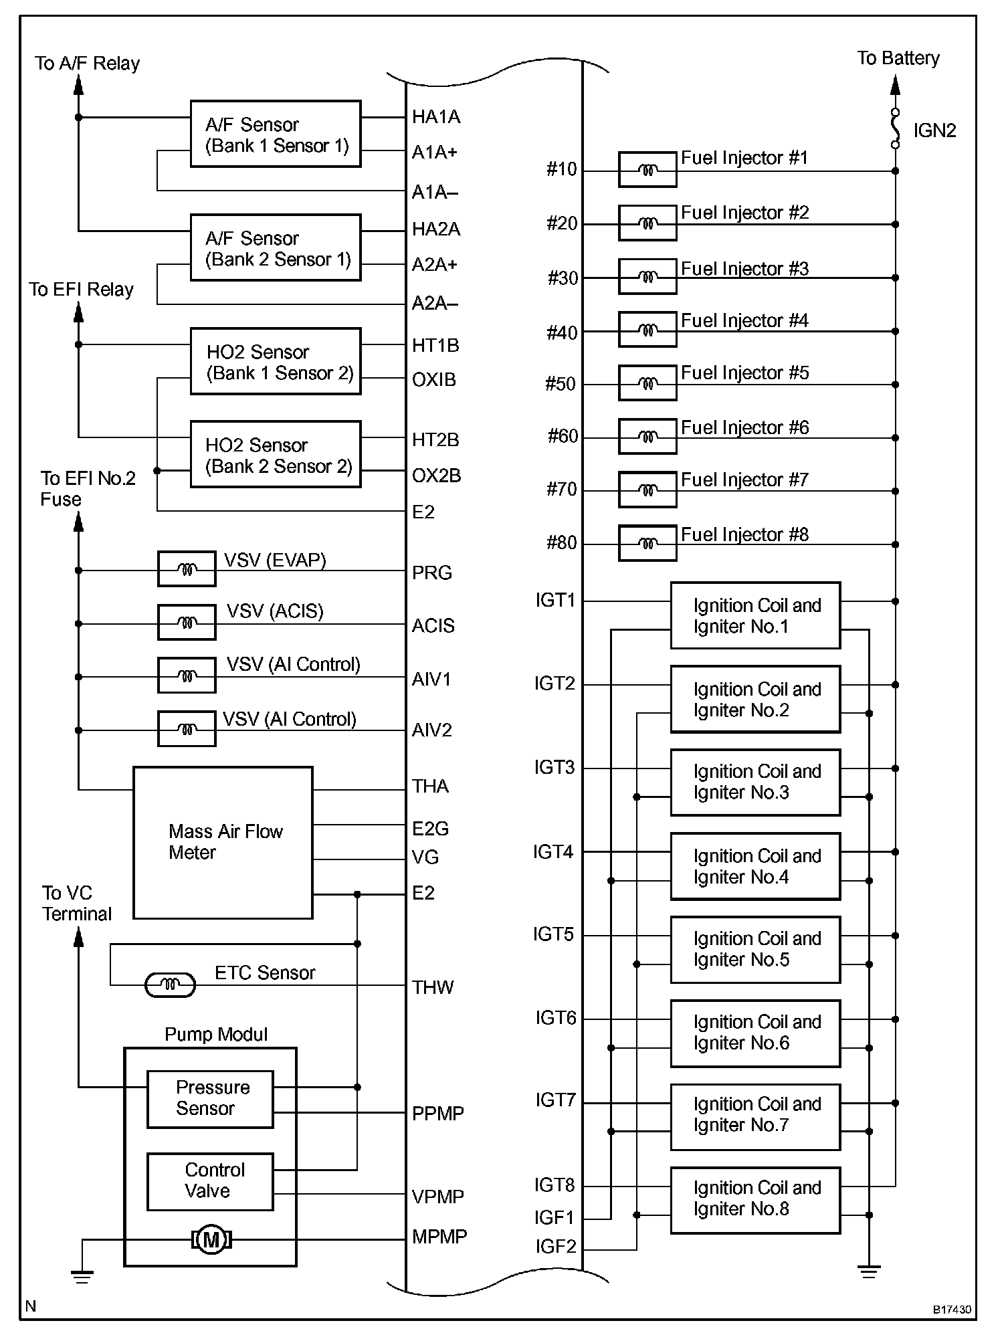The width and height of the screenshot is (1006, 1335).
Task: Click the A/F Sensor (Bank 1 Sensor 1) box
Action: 276,134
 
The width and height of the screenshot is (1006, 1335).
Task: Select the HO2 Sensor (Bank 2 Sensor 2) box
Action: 276,454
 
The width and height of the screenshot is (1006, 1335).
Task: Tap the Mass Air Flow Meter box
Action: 223,842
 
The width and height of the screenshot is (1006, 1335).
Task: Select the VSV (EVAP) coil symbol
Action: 187,569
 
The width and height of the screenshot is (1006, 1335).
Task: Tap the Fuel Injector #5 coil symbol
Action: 647,383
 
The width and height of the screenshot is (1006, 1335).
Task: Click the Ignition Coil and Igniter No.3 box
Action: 755,782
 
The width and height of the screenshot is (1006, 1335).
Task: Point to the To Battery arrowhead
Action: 896,85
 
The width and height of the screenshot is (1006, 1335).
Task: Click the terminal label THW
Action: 433,987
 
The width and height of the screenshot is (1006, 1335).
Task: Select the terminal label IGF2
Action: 555,1246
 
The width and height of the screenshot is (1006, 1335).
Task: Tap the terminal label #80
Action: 561,542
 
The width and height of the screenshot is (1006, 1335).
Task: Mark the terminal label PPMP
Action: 438,1113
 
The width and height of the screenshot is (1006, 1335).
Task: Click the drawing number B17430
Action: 952,1309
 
